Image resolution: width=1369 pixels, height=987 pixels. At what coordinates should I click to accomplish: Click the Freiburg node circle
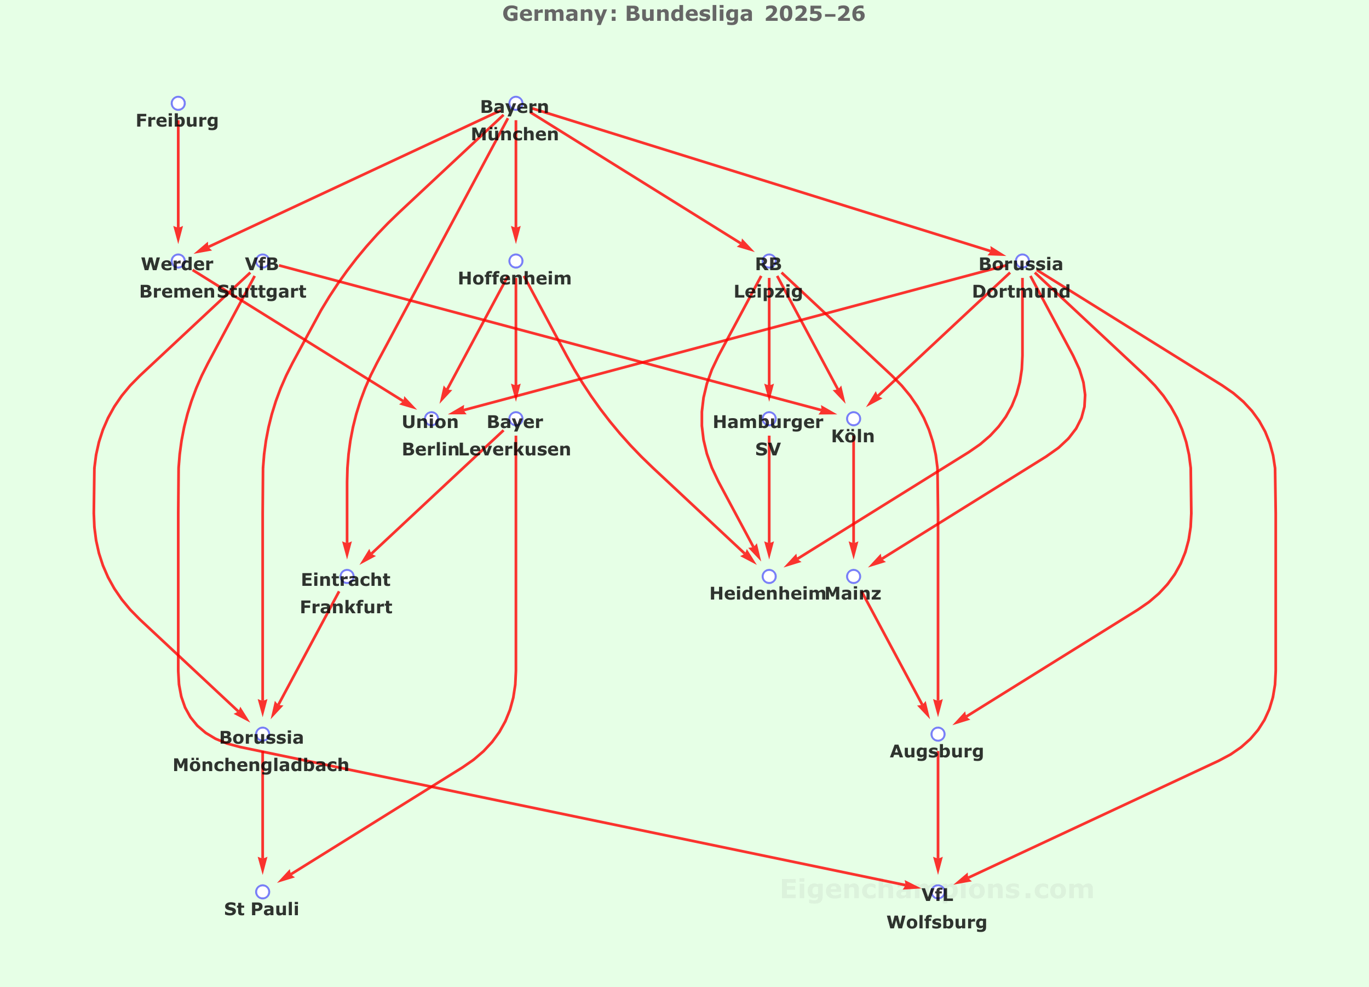pyautogui.click(x=178, y=103)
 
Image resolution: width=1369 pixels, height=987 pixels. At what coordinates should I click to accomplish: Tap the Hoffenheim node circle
pyautogui.click(x=515, y=261)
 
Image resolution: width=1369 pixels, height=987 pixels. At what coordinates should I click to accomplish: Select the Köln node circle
pyautogui.click(x=854, y=419)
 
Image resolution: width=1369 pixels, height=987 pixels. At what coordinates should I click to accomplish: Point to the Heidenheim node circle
pyautogui.click(x=769, y=577)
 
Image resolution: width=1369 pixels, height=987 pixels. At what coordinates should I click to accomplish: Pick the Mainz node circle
pyautogui.click(x=854, y=577)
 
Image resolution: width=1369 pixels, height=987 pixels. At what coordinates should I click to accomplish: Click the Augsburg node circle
pyautogui.click(x=937, y=734)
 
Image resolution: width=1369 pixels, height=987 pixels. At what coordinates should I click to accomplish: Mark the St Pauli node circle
pyautogui.click(x=262, y=892)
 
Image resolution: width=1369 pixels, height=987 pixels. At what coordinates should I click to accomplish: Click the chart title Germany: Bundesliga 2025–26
pyautogui.click(x=684, y=14)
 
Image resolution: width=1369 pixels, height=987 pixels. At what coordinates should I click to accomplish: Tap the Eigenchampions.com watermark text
pyautogui.click(x=937, y=889)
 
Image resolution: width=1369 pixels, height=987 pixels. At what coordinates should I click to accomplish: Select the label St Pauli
pyautogui.click(x=261, y=909)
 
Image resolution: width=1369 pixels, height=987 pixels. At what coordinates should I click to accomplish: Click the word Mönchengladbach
pyautogui.click(x=261, y=765)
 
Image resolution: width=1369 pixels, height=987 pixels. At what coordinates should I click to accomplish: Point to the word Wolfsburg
pyautogui.click(x=937, y=922)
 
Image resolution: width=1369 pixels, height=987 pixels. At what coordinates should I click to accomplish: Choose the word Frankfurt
pyautogui.click(x=346, y=607)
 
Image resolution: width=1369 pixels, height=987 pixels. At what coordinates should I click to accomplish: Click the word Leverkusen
pyautogui.click(x=515, y=449)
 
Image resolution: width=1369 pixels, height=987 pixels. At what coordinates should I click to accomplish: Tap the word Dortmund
pyautogui.click(x=1021, y=292)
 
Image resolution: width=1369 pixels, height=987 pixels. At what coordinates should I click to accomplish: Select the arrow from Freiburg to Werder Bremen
pyautogui.click(x=178, y=181)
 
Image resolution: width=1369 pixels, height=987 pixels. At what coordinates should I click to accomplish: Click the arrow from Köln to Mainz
pyautogui.click(x=854, y=495)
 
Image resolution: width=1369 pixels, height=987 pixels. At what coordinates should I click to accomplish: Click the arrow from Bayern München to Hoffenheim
pyautogui.click(x=515, y=181)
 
